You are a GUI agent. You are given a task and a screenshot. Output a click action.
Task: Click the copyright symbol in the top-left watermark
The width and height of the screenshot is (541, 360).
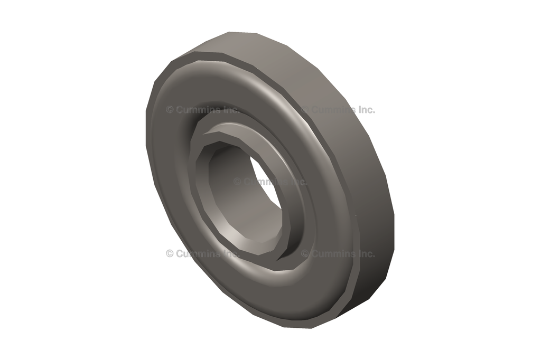point(170,110)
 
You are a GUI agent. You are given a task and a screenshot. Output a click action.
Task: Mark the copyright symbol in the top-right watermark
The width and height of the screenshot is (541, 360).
point(305,110)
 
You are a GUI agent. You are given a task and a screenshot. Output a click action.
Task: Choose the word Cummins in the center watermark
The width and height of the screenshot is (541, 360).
point(264,182)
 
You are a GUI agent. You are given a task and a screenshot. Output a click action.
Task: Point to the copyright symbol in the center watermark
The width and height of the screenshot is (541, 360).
point(237,182)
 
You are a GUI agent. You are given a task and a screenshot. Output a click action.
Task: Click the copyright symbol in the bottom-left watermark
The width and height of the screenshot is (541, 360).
point(170,253)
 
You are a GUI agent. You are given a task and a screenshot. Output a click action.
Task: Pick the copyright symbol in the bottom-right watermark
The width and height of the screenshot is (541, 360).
point(305,253)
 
